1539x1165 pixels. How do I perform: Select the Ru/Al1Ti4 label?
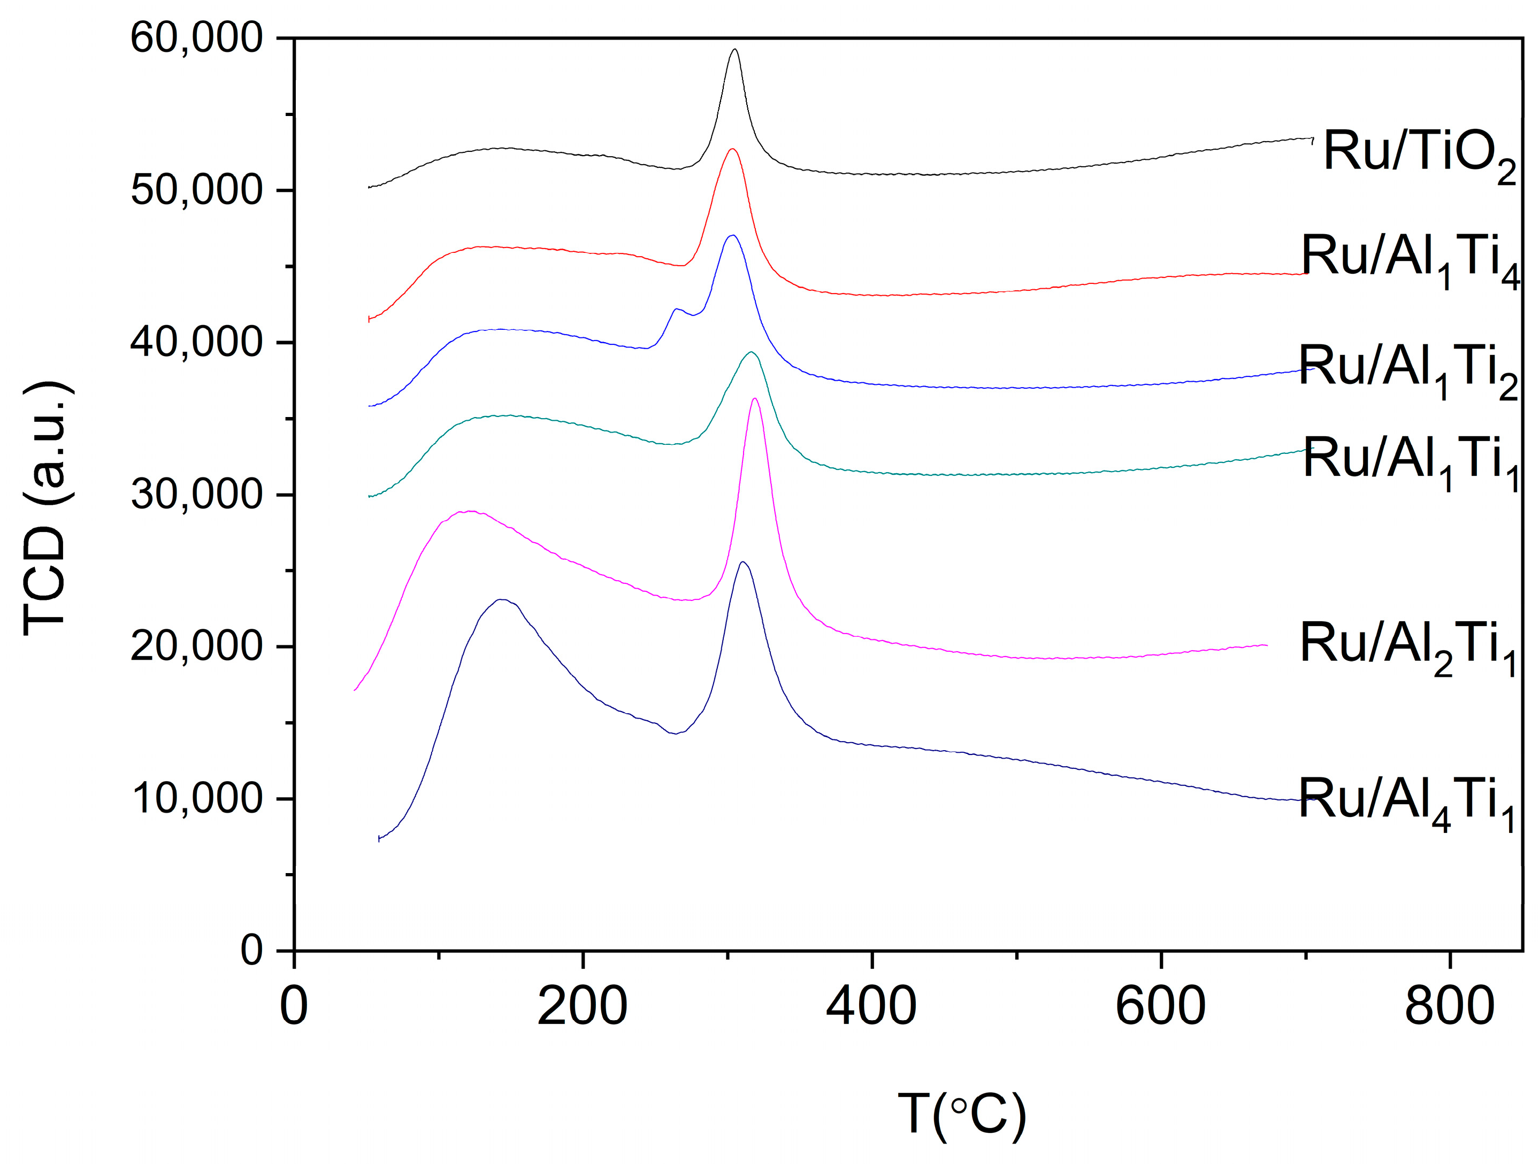click(1410, 260)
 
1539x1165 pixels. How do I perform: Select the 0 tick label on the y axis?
click(252, 950)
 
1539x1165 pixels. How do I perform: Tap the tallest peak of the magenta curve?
click(755, 398)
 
